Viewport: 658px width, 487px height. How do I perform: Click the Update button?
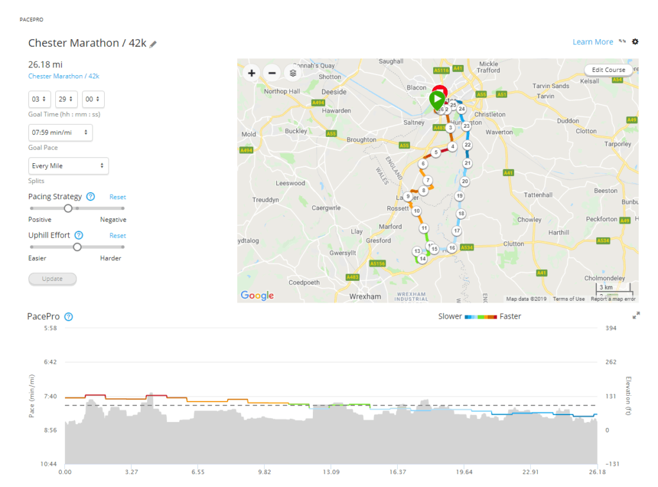coord(52,279)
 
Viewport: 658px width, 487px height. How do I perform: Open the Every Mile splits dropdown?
coord(68,166)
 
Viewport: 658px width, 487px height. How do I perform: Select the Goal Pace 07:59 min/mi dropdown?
coord(60,132)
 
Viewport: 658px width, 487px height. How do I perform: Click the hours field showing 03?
coord(39,100)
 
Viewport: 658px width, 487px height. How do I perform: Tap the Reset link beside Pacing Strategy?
coord(118,197)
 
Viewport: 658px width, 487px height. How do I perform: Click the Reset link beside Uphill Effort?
coord(118,236)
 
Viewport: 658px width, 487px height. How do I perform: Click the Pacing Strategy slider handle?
coord(68,208)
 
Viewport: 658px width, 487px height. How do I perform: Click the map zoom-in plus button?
coord(251,73)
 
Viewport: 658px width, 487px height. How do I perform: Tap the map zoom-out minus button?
coord(272,73)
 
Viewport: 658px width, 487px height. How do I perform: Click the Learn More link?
coord(592,42)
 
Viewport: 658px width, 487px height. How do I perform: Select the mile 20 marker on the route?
coord(465,182)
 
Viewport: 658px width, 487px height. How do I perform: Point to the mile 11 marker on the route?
coord(424,228)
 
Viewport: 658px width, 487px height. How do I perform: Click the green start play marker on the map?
coord(437,100)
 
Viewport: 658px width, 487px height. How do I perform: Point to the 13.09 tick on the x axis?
coord(331,472)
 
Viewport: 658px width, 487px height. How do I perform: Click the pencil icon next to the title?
coord(153,44)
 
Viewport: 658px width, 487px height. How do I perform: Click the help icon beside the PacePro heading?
coord(69,317)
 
